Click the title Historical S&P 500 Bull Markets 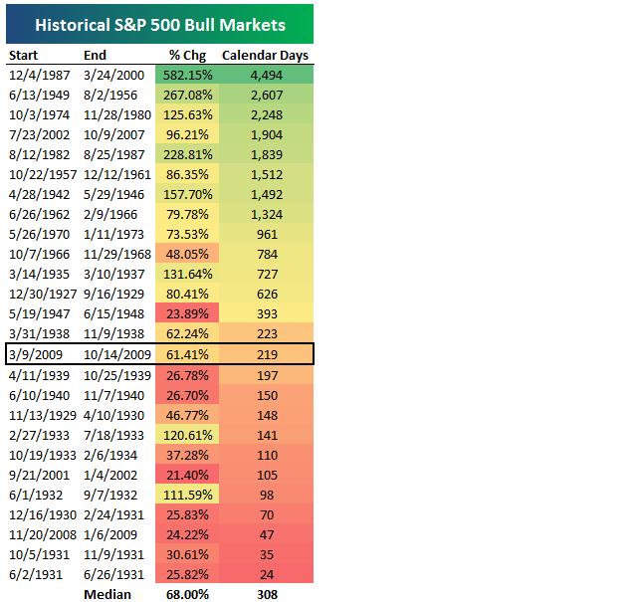[x=159, y=24]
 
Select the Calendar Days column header [x=264, y=56]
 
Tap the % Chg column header [x=188, y=56]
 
